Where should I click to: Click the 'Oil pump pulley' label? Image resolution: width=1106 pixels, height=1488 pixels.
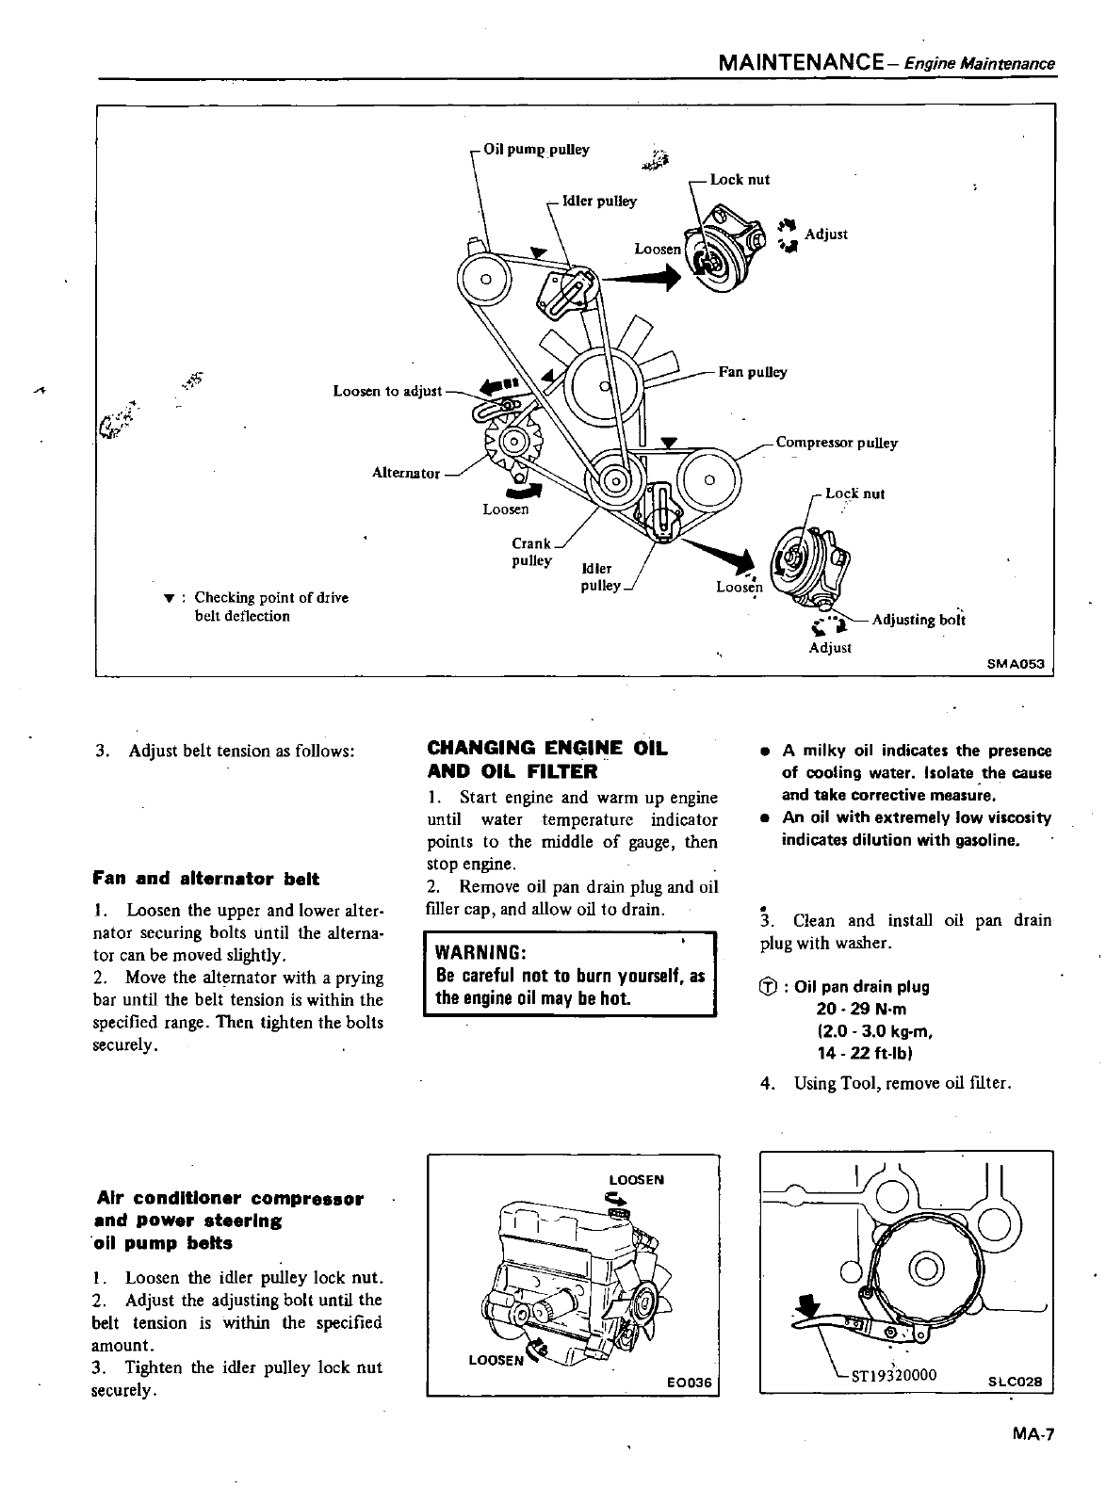(536, 150)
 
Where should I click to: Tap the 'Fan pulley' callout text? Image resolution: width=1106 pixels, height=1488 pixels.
(753, 372)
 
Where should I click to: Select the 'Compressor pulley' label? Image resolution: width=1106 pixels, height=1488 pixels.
(837, 443)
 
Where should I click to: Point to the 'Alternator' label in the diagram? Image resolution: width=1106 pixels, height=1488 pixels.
(406, 473)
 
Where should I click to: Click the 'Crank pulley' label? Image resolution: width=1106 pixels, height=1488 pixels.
(531, 552)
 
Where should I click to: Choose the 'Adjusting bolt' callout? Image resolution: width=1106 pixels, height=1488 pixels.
(919, 620)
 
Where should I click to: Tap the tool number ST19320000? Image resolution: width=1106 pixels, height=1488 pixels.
(894, 1374)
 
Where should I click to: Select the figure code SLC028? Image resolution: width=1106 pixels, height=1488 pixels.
(1015, 1383)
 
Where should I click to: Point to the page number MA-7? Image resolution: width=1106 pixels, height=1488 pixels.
(1033, 1435)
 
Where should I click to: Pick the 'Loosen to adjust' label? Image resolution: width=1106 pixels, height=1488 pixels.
(387, 391)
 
